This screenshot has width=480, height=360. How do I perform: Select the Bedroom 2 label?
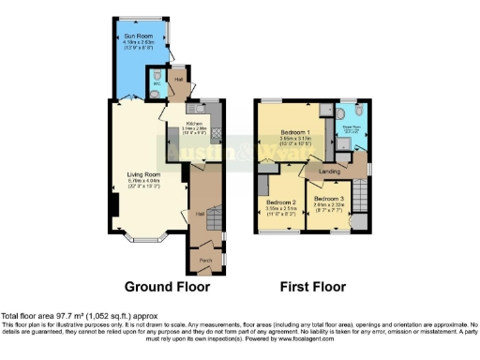click(281, 202)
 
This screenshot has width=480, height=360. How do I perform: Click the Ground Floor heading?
click(167, 287)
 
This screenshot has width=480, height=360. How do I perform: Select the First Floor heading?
click(313, 287)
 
